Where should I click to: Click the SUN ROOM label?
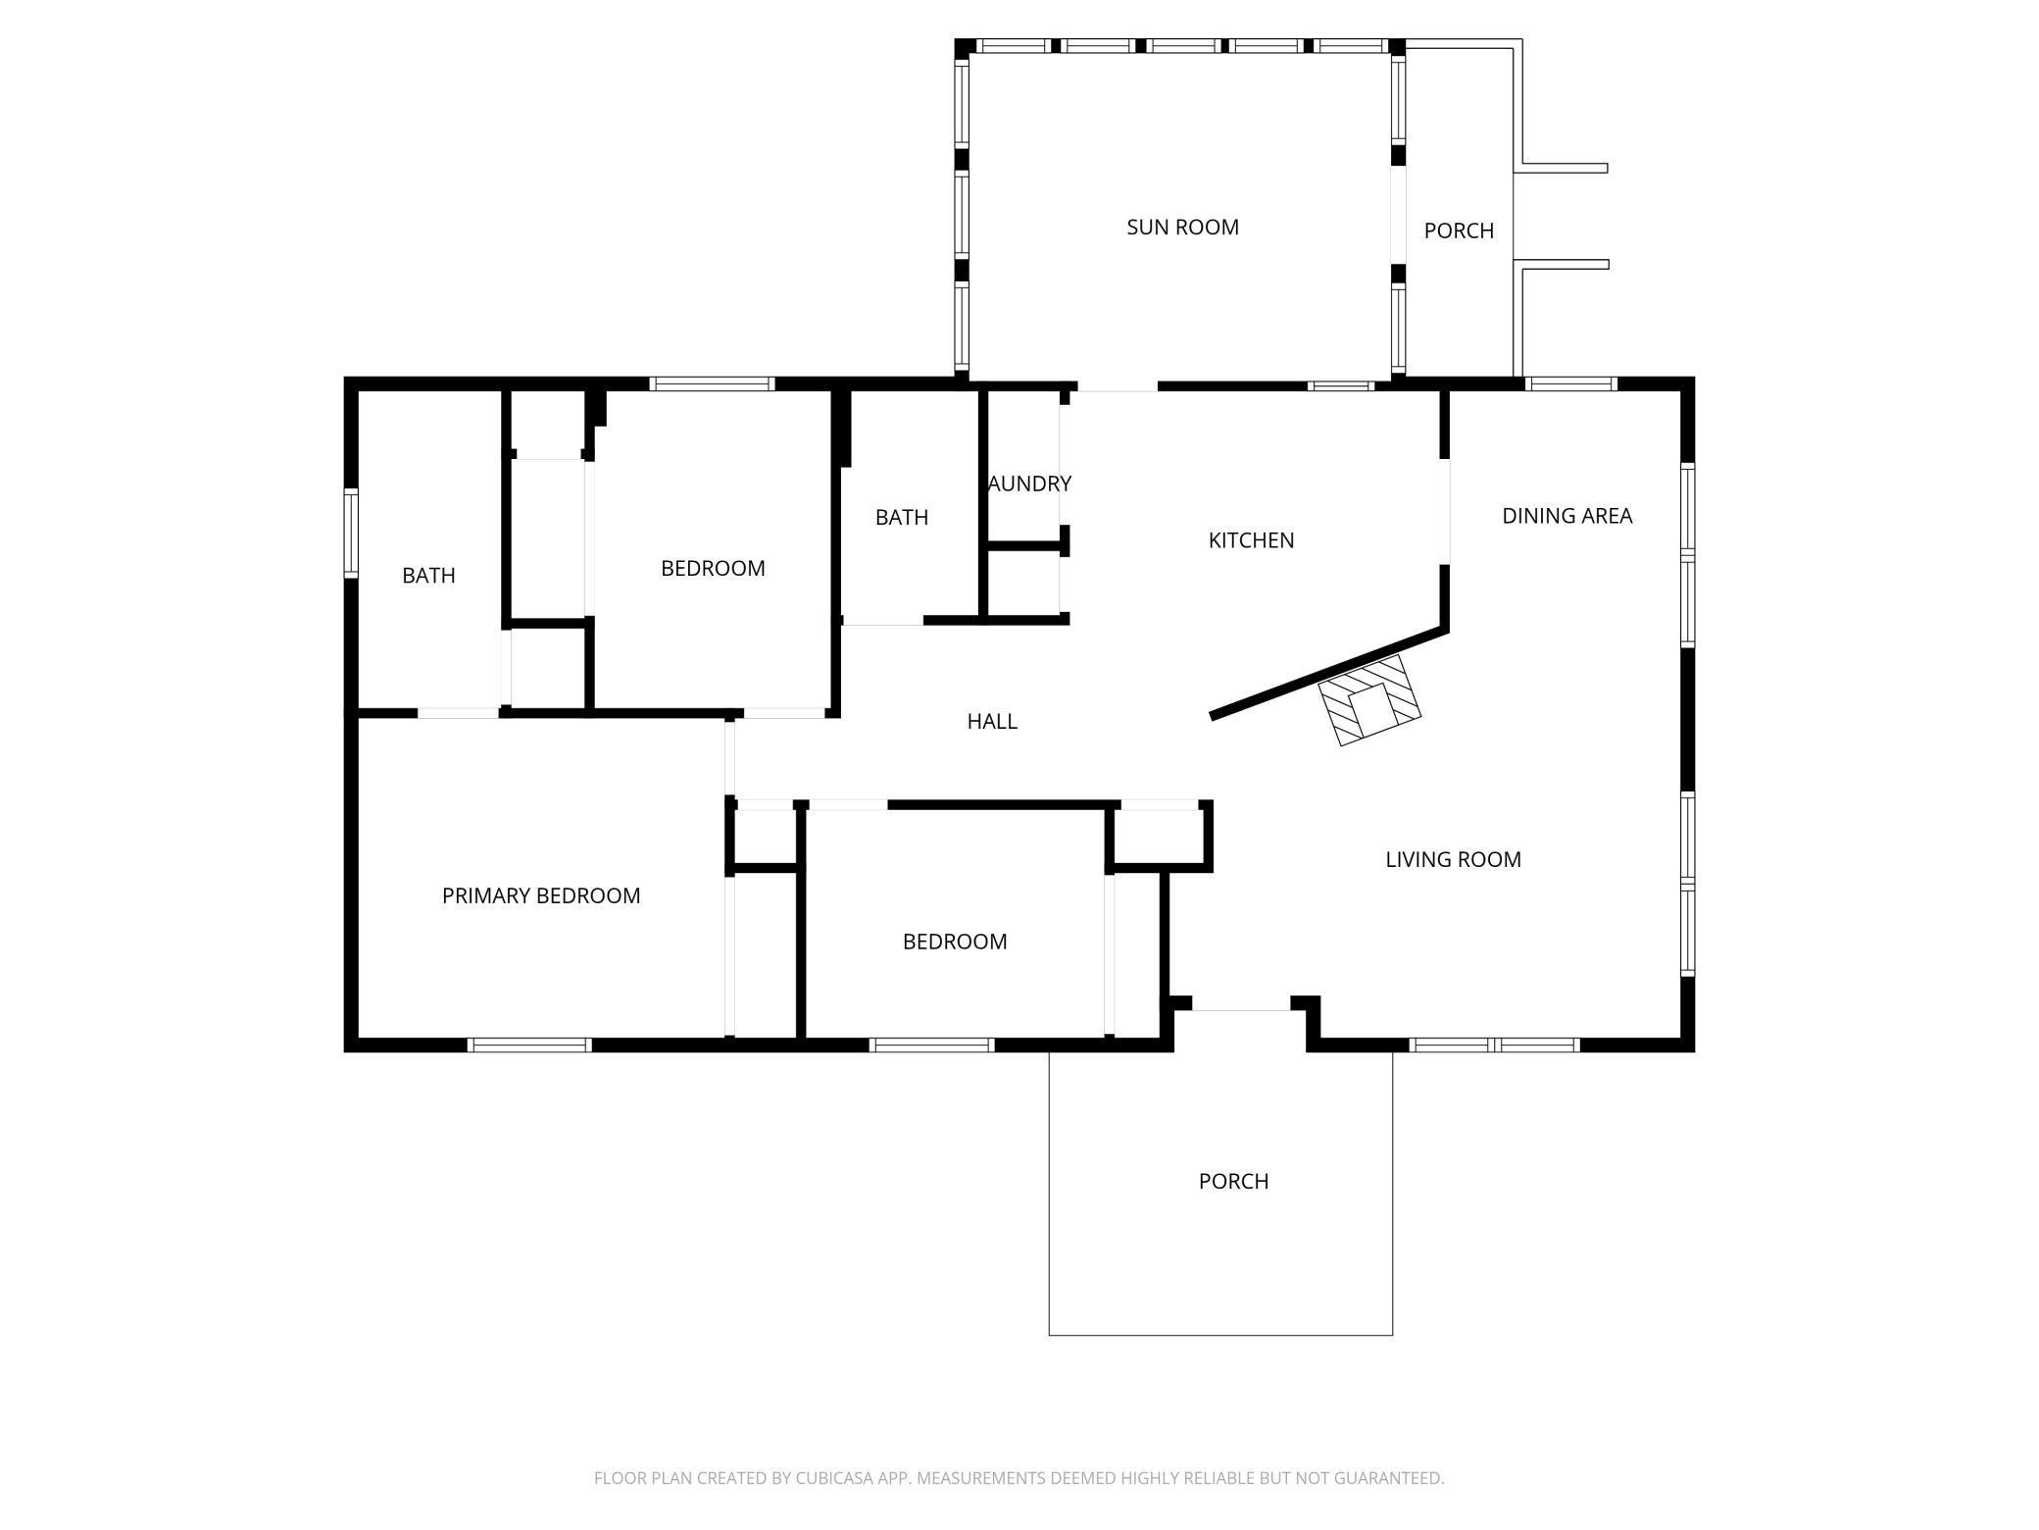(x=1182, y=228)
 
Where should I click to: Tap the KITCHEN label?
(x=1251, y=540)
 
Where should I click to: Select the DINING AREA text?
(x=1567, y=516)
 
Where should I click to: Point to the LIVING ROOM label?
(x=1453, y=860)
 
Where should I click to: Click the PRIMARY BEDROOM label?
(x=541, y=895)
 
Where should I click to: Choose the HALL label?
(x=992, y=722)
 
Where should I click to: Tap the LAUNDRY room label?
(x=1029, y=484)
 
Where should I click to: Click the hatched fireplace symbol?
(x=1369, y=699)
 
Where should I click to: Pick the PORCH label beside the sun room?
(x=1459, y=231)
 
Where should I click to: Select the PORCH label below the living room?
(x=1233, y=1182)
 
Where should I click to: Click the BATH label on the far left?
(x=428, y=576)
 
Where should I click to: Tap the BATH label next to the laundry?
(x=901, y=518)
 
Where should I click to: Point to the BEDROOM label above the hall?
(x=713, y=569)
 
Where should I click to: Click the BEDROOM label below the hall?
(x=955, y=943)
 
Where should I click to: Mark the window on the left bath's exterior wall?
(x=350, y=533)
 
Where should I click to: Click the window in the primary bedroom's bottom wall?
(x=529, y=1045)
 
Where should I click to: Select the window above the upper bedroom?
(x=712, y=384)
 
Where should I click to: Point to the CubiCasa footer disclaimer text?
(x=1019, y=1478)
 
